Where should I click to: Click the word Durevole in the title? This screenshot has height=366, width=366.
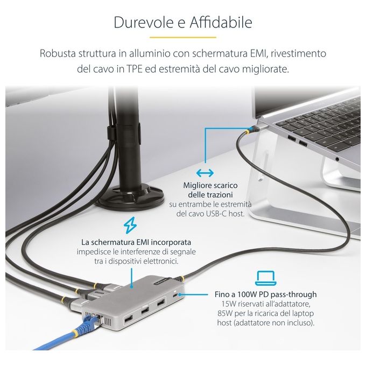click(x=144, y=23)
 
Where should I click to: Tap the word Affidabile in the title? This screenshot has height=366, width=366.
click(x=221, y=22)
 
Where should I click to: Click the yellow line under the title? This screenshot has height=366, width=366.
click(x=183, y=37)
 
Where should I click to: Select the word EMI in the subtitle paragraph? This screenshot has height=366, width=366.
click(x=258, y=53)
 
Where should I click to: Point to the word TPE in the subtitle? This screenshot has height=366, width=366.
click(x=134, y=69)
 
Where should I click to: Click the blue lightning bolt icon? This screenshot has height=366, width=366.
click(x=130, y=225)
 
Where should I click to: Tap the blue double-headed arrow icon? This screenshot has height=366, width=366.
click(x=205, y=173)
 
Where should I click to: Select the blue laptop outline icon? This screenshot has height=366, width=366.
click(x=266, y=278)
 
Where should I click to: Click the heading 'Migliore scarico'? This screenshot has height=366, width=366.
click(x=210, y=185)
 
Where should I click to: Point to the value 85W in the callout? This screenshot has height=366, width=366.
click(x=225, y=313)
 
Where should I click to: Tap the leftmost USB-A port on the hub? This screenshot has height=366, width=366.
click(x=128, y=319)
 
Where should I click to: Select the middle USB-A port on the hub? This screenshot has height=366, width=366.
click(x=144, y=311)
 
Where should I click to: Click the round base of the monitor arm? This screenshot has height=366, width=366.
click(x=131, y=195)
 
